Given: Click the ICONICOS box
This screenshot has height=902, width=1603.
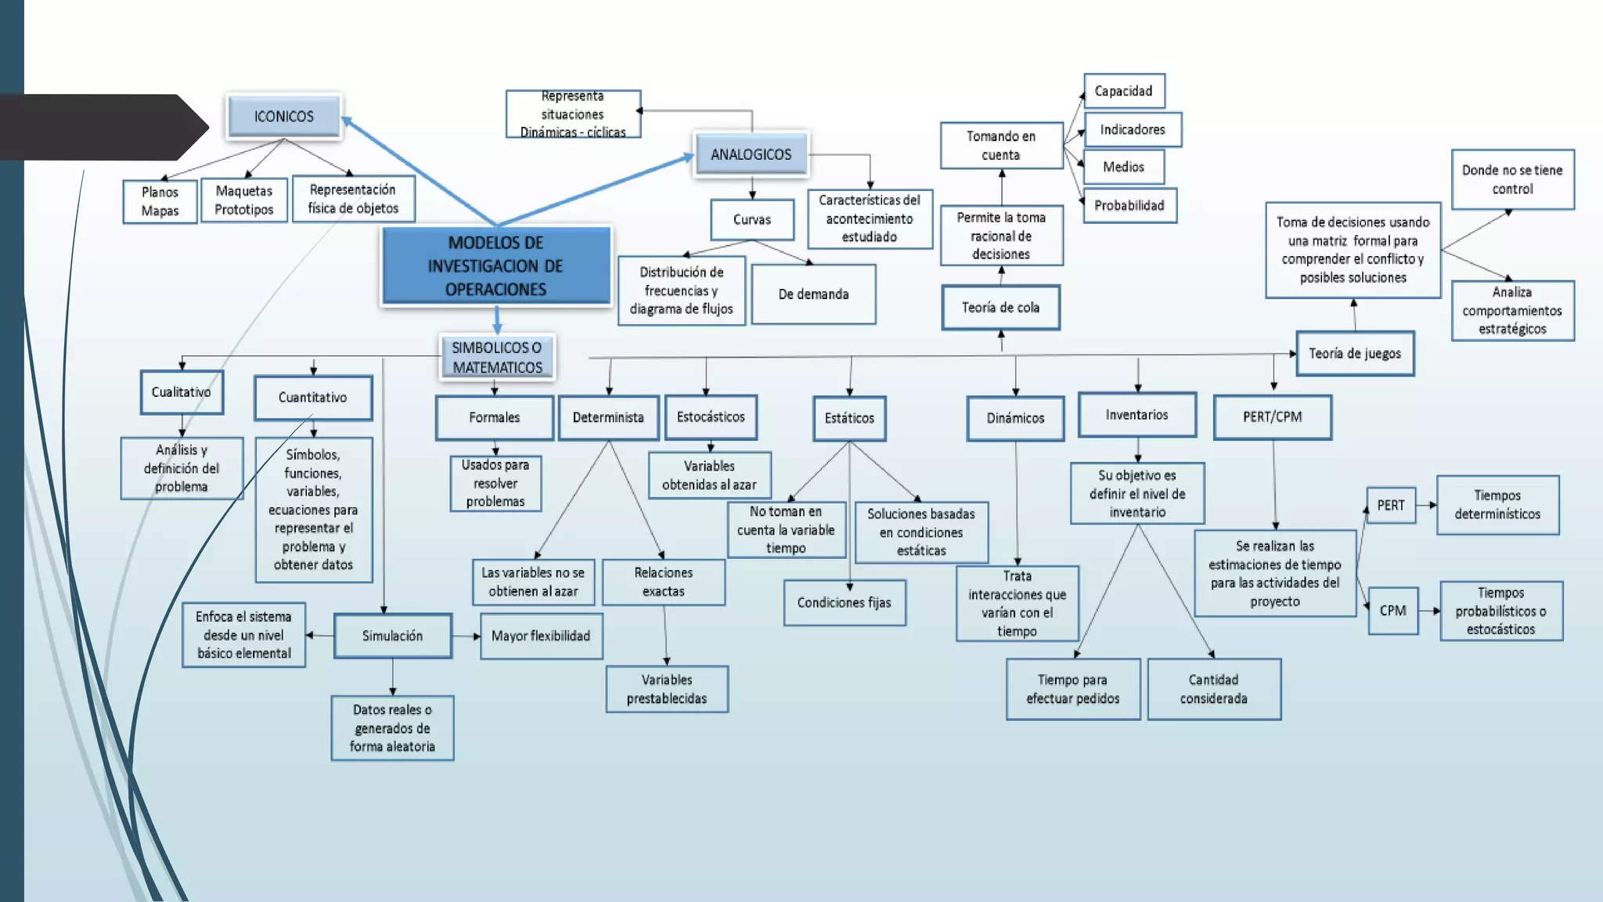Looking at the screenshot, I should pyautogui.click(x=284, y=117).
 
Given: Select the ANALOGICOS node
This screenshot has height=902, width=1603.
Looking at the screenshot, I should pyautogui.click(x=751, y=155).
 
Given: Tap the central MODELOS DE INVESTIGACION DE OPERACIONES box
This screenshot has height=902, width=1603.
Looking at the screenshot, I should pyautogui.click(x=496, y=266).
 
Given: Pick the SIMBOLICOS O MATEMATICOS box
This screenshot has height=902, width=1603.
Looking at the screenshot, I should pyautogui.click(x=497, y=358).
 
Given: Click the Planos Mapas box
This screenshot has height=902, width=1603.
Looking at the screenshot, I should pyautogui.click(x=160, y=201).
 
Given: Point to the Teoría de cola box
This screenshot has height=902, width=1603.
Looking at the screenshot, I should pyautogui.click(x=1000, y=308).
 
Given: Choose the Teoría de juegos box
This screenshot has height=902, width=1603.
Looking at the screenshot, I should pyautogui.click(x=1355, y=354).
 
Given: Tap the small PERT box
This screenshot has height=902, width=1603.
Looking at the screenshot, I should pyautogui.click(x=1391, y=506).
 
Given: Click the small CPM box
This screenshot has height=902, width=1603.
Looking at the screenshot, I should pyautogui.click(x=1392, y=611).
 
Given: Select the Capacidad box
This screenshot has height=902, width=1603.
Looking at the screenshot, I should pyautogui.click(x=1123, y=91).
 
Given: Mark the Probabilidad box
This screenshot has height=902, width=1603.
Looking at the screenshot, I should pyautogui.click(x=1129, y=206).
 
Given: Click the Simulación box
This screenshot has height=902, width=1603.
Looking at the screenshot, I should pyautogui.click(x=392, y=636).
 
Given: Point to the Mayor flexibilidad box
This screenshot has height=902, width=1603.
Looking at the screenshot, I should pyautogui.click(x=541, y=636).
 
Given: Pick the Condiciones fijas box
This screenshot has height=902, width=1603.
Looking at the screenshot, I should pyautogui.click(x=844, y=603).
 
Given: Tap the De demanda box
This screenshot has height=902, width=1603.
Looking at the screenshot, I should pyautogui.click(x=813, y=294).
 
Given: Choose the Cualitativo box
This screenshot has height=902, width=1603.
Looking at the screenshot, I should pyautogui.click(x=182, y=392).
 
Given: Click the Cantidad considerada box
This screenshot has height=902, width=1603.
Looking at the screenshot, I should pyautogui.click(x=1214, y=689).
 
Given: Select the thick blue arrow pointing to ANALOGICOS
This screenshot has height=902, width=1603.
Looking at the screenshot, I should pyautogui.click(x=595, y=189).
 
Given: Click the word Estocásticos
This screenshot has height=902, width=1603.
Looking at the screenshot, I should pyautogui.click(x=711, y=417).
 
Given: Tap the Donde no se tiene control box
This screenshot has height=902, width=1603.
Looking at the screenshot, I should pyautogui.click(x=1512, y=180).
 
